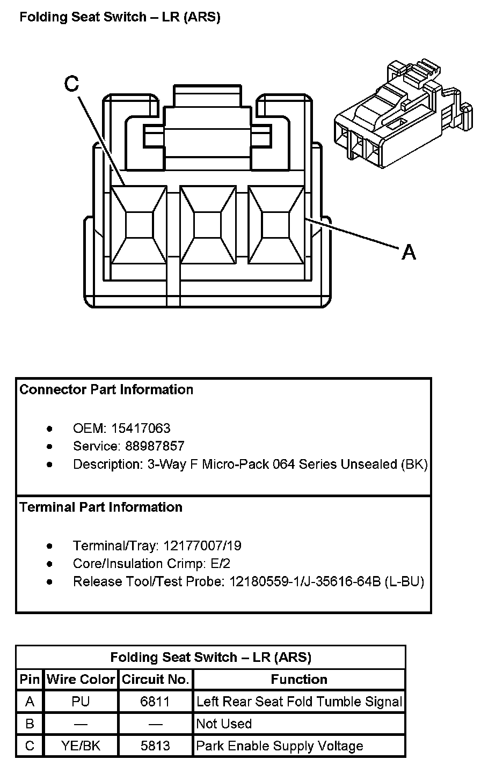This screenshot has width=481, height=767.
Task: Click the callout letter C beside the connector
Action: pyautogui.click(x=71, y=84)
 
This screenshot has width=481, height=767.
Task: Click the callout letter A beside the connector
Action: pyautogui.click(x=409, y=252)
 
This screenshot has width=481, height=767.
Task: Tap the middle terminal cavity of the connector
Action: pyautogui.click(x=207, y=225)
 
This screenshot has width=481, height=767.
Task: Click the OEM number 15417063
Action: pyautogui.click(x=141, y=428)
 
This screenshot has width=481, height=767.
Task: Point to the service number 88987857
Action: pyautogui.click(x=155, y=446)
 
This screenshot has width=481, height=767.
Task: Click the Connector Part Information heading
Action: pyautogui.click(x=106, y=389)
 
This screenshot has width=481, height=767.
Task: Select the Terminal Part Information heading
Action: pyautogui.click(x=101, y=507)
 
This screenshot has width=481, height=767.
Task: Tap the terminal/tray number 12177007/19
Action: pyautogui.click(x=202, y=545)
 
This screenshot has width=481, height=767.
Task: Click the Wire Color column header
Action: pyautogui.click(x=81, y=680)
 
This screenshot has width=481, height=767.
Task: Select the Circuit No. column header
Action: pyautogui.click(x=156, y=680)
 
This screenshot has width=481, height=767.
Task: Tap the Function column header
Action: pyautogui.click(x=299, y=680)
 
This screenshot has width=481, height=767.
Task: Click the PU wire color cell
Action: pyautogui.click(x=81, y=702)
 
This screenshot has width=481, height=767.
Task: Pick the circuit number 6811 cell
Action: pyautogui.click(x=155, y=702)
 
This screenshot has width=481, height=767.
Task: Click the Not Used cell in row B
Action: pyautogui.click(x=224, y=724)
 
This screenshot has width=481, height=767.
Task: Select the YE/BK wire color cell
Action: pyautogui.click(x=81, y=746)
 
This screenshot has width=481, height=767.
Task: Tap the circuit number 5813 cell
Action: pyautogui.click(x=155, y=746)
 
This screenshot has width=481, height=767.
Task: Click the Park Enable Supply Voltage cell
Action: pyautogui.click(x=280, y=746)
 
